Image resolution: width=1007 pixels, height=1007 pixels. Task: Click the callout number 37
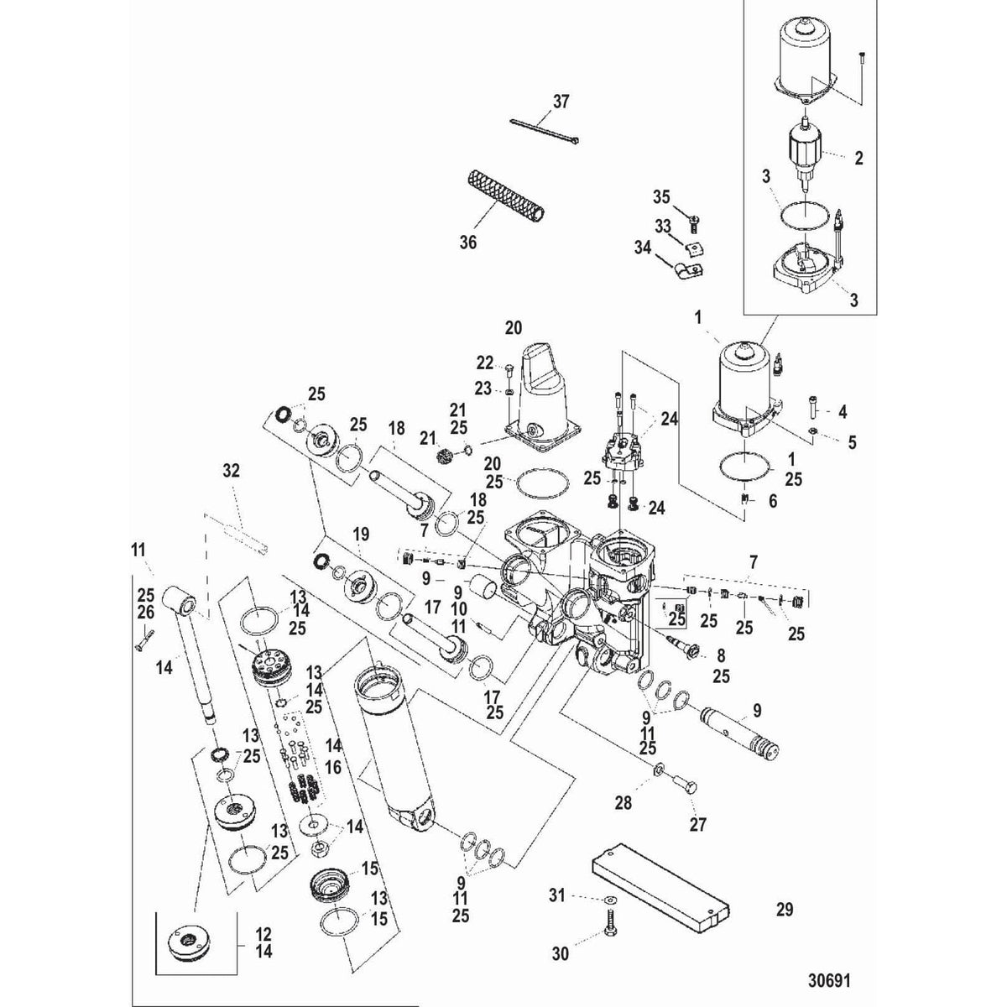561,102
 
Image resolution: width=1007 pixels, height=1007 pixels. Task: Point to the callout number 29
784,909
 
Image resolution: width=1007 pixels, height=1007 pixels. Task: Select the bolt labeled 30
606,937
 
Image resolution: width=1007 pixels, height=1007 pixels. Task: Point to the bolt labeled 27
682,786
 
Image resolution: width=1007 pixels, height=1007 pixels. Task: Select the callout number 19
361,534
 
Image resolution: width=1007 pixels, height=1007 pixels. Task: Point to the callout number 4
843,412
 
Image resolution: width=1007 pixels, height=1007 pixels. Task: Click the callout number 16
333,767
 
